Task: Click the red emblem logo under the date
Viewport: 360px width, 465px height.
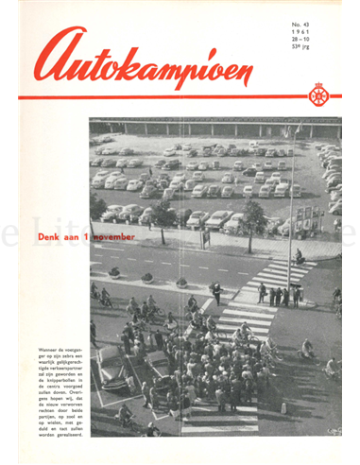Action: (318, 95)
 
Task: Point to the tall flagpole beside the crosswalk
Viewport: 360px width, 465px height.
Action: (290, 208)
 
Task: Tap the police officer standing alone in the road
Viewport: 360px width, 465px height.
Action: (217, 291)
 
